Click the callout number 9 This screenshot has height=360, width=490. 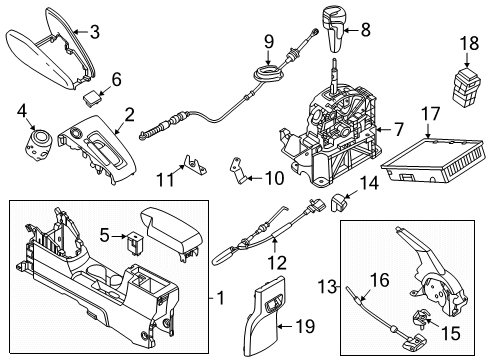pos(269,41)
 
